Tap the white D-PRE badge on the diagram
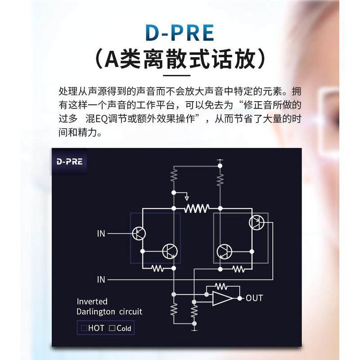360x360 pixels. tap(70, 161)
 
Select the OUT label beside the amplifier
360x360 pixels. tap(254, 298)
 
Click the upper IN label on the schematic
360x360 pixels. tap(101, 234)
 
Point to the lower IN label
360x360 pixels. tap(101, 279)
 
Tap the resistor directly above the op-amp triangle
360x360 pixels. tap(220, 286)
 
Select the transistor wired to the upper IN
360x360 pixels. tap(139, 233)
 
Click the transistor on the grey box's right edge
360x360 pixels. tap(257, 222)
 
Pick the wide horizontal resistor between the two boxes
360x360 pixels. tap(197, 208)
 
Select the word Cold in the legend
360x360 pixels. tap(124, 328)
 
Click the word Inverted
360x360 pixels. tap(92, 301)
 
